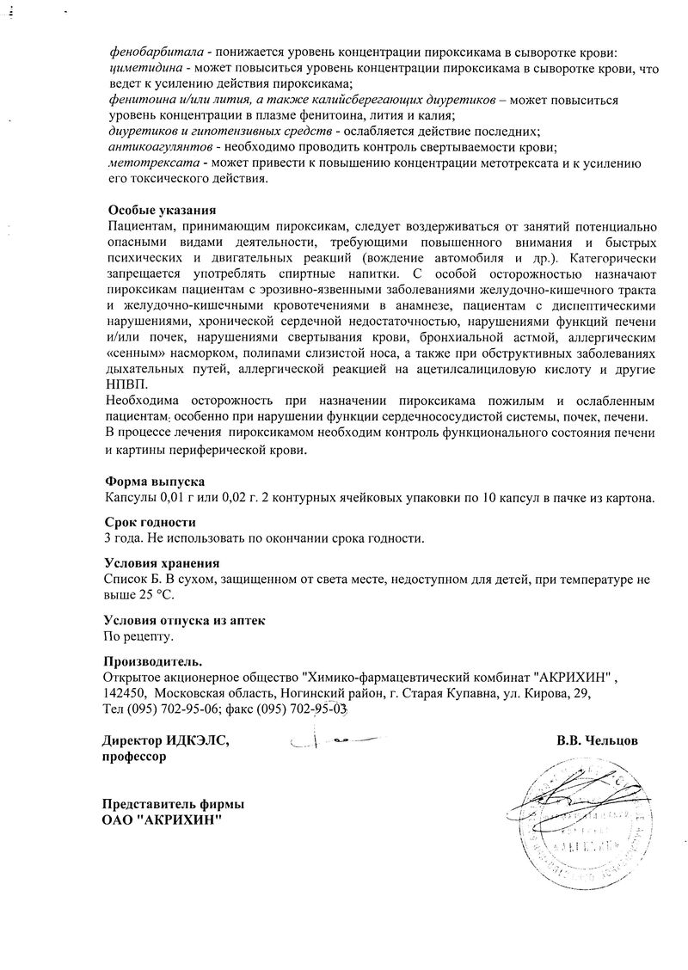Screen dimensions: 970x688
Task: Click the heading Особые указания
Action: pyautogui.click(x=162, y=211)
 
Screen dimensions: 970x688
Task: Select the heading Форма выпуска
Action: pyautogui.click(x=155, y=482)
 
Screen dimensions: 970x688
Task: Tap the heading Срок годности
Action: pyautogui.click(x=150, y=522)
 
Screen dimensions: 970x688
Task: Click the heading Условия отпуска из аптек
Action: pyautogui.click(x=185, y=620)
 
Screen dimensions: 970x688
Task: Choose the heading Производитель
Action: pyautogui.click(x=154, y=660)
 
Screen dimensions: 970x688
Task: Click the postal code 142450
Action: pyautogui.click(x=122, y=693)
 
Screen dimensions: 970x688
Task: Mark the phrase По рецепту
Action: pyautogui.click(x=138, y=636)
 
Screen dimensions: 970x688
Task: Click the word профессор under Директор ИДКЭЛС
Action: pyautogui.click(x=134, y=758)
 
